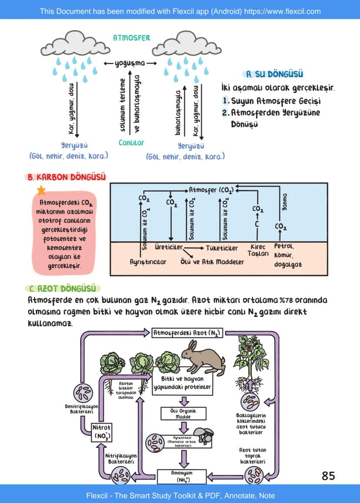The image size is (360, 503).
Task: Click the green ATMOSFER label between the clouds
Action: tap(131, 38)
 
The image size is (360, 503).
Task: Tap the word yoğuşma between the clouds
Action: tap(130, 63)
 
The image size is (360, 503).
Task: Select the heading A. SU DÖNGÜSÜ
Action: tap(274, 74)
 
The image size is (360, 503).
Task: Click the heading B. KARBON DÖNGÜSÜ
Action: tap(67, 177)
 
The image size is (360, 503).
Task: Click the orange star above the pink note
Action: tap(41, 190)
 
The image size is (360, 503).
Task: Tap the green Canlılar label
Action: tap(131, 143)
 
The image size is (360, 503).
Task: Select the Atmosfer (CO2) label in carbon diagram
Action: tap(211, 190)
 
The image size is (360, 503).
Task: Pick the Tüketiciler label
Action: tap(222, 248)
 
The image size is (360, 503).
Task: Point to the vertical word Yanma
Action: tap(285, 202)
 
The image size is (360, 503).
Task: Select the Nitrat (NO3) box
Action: tap(102, 433)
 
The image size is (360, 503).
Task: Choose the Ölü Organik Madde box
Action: tap(183, 413)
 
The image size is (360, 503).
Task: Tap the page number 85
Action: tap(328, 476)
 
